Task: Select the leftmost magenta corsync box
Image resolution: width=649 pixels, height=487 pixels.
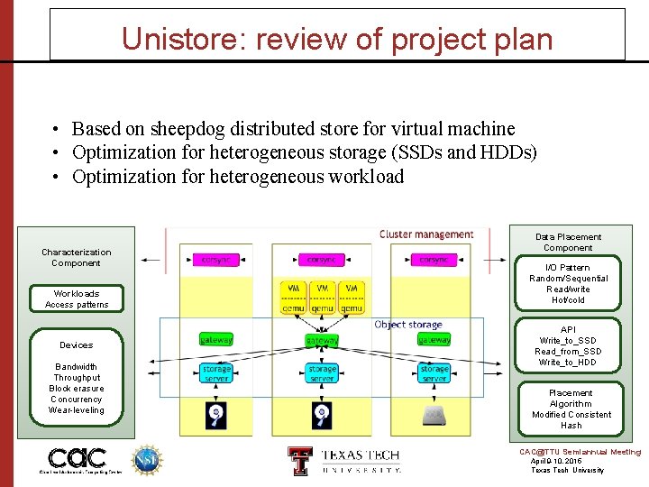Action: tap(215, 260)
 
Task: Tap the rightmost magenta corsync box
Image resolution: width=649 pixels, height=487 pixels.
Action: tap(434, 260)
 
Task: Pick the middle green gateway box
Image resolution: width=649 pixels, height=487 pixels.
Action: tap(322, 341)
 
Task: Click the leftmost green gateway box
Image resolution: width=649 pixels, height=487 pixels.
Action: tap(216, 340)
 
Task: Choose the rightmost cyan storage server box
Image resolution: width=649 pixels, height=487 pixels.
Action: tap(434, 373)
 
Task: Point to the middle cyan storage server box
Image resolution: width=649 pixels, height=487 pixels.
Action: tap(322, 373)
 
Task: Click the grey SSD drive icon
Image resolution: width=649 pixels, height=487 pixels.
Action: tap(434, 414)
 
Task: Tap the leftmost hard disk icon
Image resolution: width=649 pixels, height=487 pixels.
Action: tap(216, 415)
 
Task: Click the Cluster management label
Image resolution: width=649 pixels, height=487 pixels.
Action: tap(426, 234)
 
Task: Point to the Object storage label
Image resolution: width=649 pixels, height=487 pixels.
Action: tap(408, 325)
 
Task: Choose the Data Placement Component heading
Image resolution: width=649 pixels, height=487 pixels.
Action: tap(568, 242)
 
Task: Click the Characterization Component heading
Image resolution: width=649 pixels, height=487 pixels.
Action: tap(77, 258)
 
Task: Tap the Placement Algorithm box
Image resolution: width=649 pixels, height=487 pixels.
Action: tap(571, 409)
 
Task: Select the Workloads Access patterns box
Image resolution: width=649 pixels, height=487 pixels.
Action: tap(77, 299)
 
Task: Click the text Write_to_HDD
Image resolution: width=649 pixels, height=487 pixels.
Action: tap(568, 363)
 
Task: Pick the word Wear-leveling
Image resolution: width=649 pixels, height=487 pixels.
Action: tap(77, 410)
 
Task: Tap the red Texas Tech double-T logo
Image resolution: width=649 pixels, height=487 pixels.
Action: tap(298, 460)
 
